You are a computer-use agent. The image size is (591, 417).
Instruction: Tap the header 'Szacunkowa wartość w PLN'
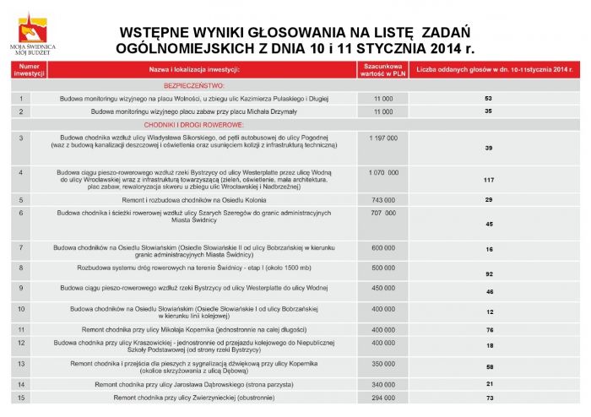pyautogui.click(x=382, y=68)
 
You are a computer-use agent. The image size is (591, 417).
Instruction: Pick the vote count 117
pyautogui.click(x=488, y=181)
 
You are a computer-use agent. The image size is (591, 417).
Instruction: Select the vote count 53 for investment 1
pyautogui.click(x=488, y=99)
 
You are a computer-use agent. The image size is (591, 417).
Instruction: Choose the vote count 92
pyautogui.click(x=488, y=275)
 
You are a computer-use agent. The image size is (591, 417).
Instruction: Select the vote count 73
pyautogui.click(x=488, y=397)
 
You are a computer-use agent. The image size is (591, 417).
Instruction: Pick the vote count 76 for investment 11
pyautogui.click(x=488, y=329)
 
